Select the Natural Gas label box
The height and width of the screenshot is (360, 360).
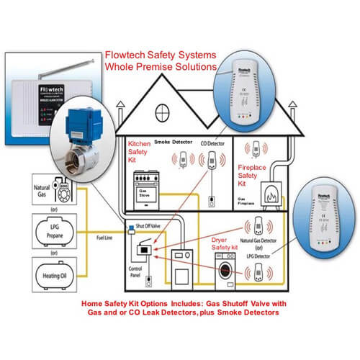click(35, 193)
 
